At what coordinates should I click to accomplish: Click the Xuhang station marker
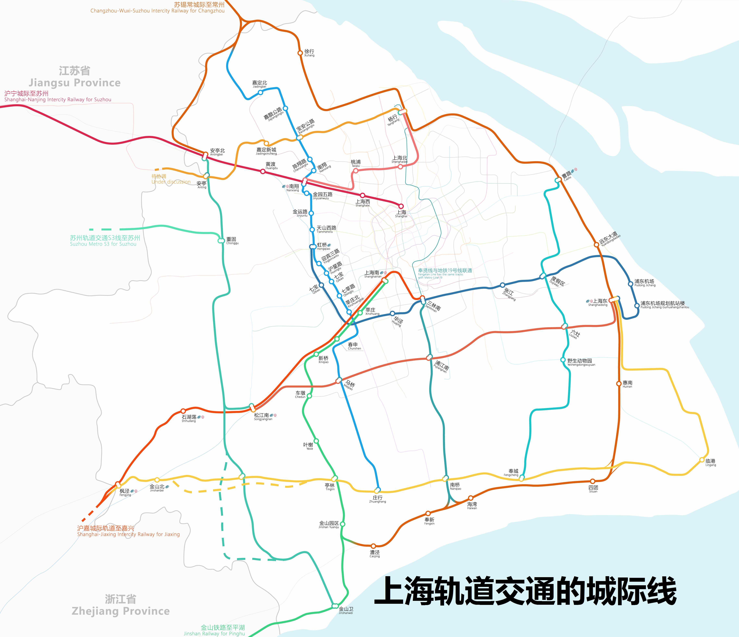[300, 53]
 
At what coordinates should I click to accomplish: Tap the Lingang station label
[710, 463]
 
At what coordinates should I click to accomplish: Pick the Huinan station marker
[618, 384]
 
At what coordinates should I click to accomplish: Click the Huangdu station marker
[263, 171]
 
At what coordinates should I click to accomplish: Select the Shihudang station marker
[183, 411]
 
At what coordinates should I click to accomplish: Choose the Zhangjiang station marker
[502, 285]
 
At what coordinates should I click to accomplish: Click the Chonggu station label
[232, 240]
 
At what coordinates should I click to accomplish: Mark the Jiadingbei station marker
[260, 92]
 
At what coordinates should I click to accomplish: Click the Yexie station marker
[316, 441]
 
